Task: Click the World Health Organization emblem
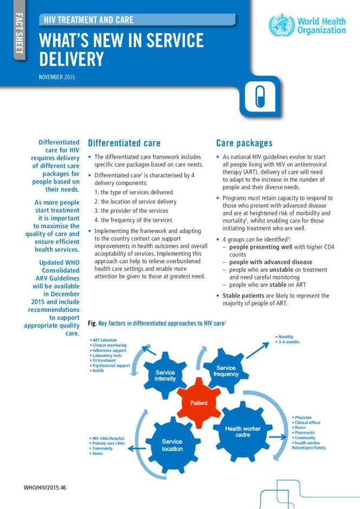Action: tap(282, 25)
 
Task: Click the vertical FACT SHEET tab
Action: tap(18, 35)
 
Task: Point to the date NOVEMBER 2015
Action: tap(57, 77)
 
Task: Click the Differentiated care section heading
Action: tap(124, 143)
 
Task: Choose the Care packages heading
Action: tap(244, 143)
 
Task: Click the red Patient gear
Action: tap(199, 403)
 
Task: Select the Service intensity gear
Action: tap(165, 376)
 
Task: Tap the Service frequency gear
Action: tap(226, 371)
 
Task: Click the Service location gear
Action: tap(172, 445)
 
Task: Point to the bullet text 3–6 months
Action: tap(289, 342)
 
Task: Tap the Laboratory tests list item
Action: tap(107, 355)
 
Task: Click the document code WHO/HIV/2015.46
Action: tap(45, 488)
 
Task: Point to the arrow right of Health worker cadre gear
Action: tap(278, 436)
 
